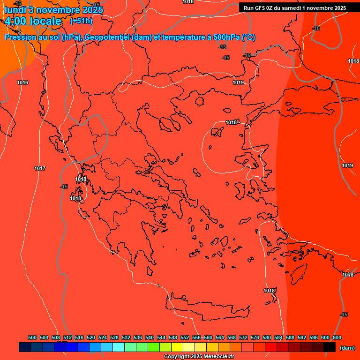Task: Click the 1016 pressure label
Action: [22, 83]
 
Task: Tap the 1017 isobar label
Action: [40, 168]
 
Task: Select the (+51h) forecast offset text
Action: [81, 21]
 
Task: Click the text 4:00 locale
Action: [33, 21]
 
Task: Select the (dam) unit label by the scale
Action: [347, 348]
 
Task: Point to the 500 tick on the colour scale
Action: [32, 337]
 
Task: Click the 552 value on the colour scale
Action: [185, 337]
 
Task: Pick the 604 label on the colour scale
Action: [337, 337]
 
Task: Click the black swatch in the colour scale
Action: [329, 347]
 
